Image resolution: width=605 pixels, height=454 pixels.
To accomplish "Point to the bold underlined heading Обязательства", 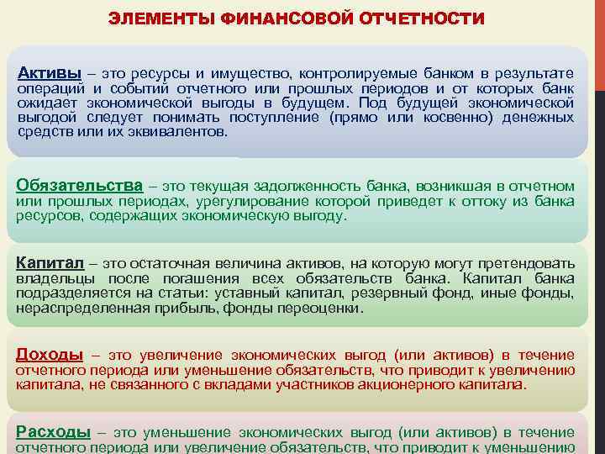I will click(x=80, y=185).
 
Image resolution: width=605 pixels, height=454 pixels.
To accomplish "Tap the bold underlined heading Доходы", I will click(x=50, y=354).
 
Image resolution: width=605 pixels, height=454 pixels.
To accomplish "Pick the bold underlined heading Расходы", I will click(x=53, y=431).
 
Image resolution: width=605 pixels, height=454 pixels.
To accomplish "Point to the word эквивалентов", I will click(x=183, y=132).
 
